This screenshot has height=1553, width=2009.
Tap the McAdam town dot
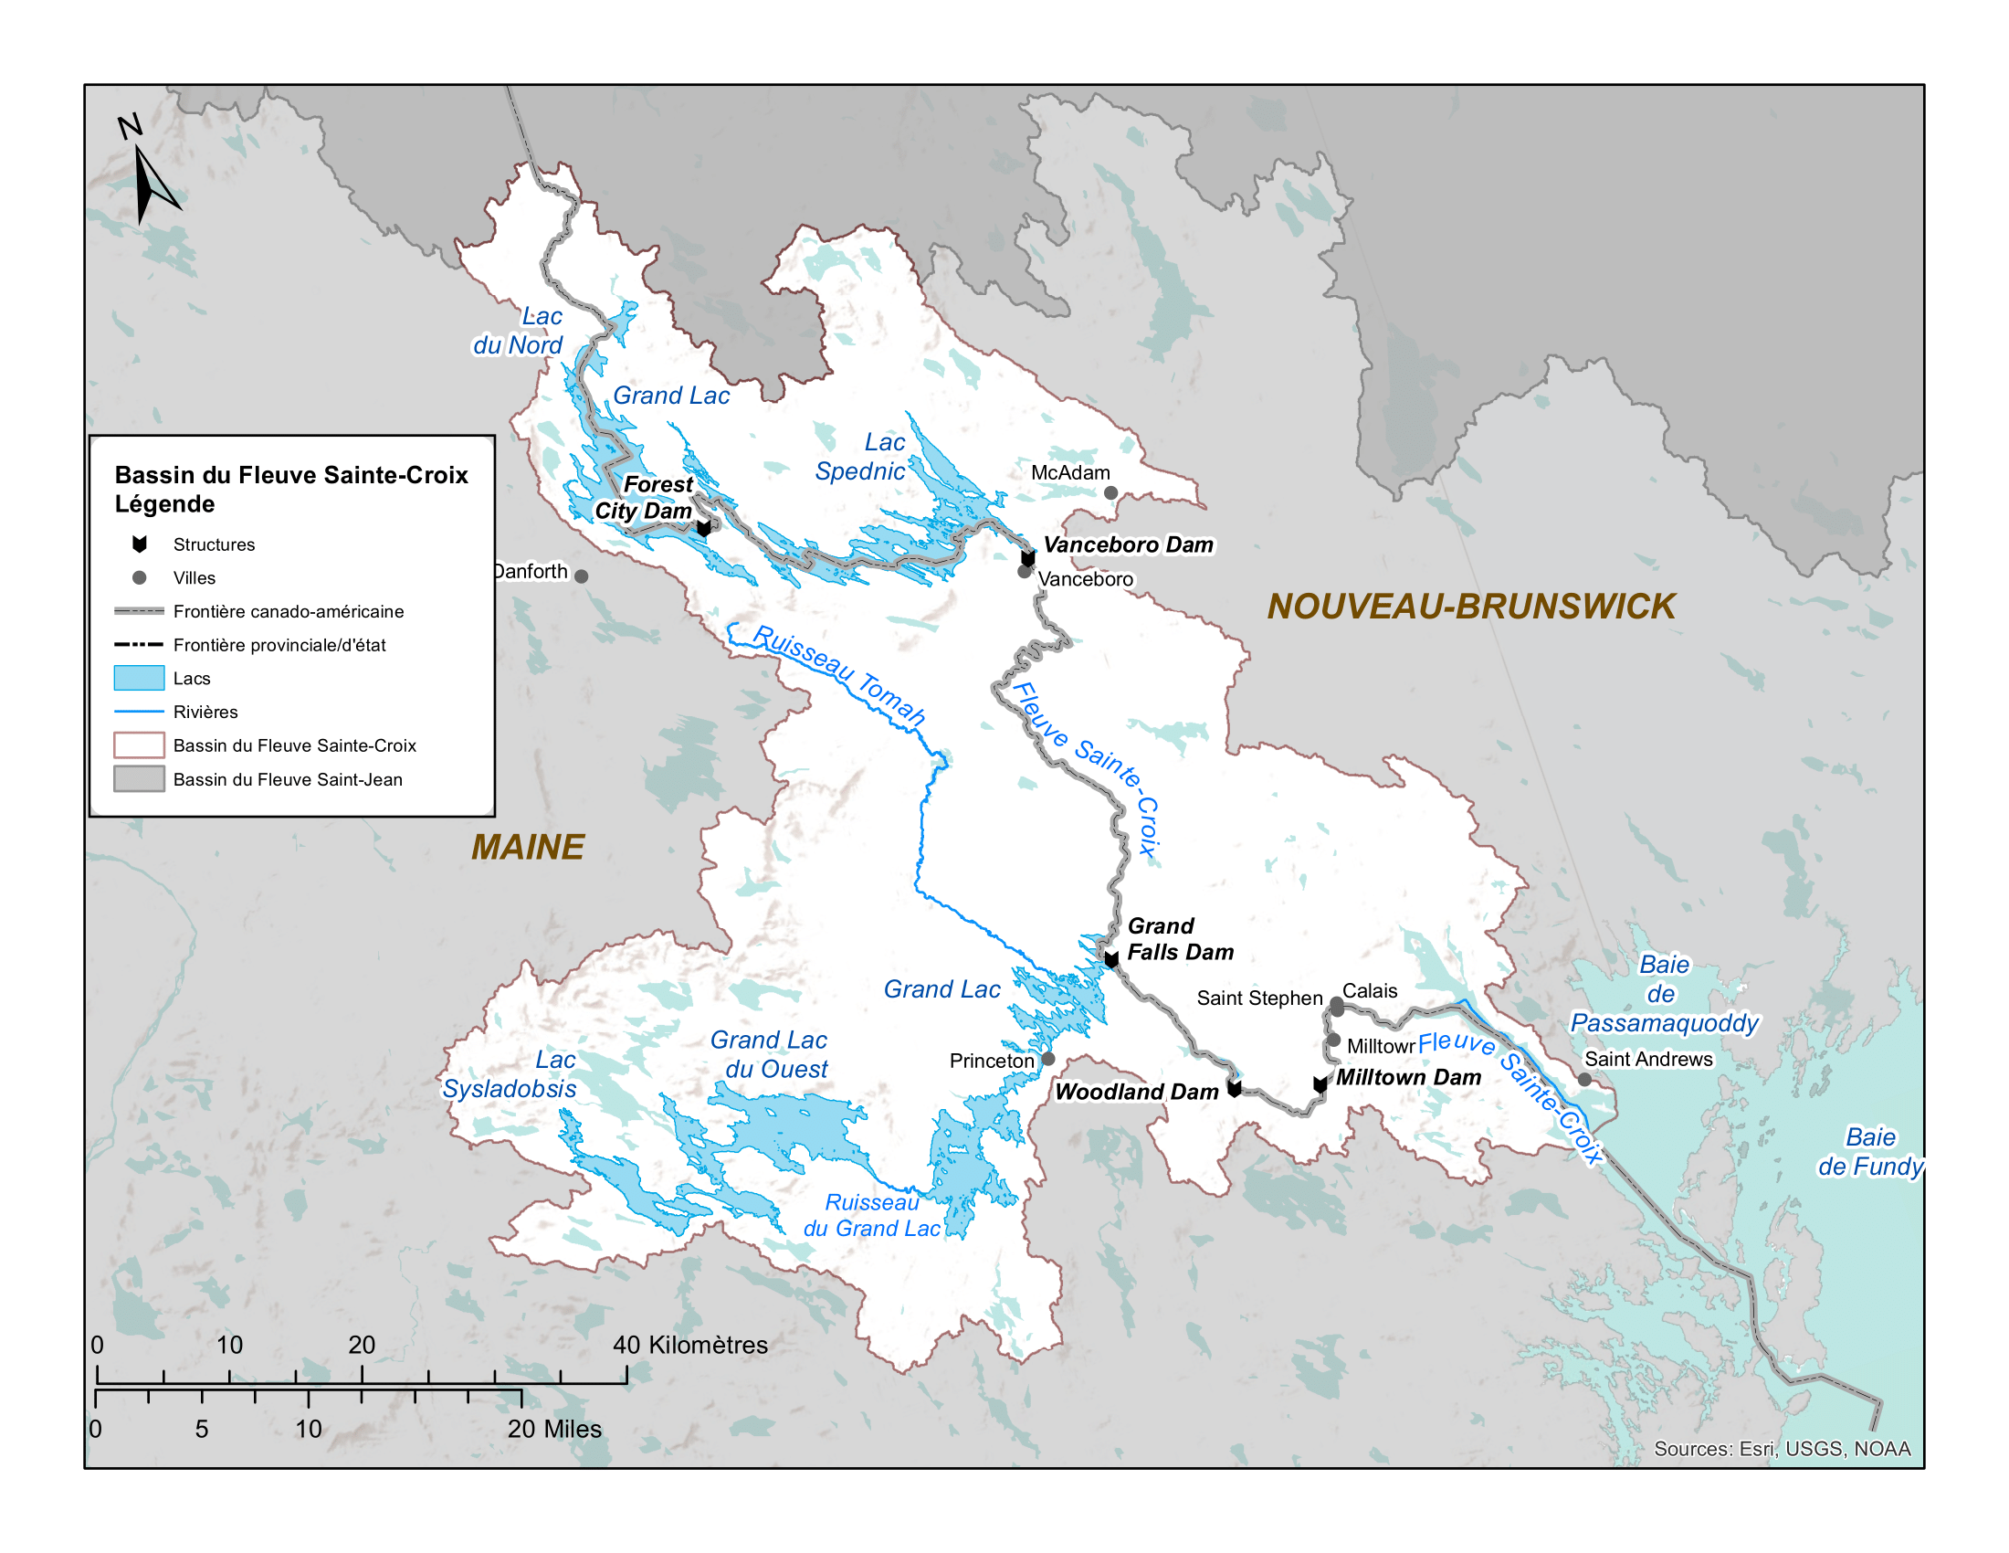click(x=1111, y=493)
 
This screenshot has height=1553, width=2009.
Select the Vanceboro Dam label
click(x=1128, y=545)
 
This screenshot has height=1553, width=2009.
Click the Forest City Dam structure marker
click(x=704, y=528)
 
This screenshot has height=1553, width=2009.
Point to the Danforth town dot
click(x=582, y=576)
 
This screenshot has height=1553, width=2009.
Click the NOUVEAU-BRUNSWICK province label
click(x=1470, y=607)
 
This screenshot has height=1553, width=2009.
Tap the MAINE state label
click(x=527, y=848)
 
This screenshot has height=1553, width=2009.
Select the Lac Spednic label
click(x=862, y=458)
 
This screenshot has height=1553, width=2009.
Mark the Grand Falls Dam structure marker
click(x=1111, y=959)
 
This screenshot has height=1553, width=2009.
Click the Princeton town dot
click(x=1047, y=1059)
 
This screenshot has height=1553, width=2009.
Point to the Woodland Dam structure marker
click(x=1235, y=1089)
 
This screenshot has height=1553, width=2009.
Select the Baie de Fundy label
click(x=1870, y=1152)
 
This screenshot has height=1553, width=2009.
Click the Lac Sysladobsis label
click(x=510, y=1074)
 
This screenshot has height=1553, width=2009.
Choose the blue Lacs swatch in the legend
click(x=139, y=678)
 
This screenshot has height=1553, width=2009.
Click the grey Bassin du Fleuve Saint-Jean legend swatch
click(x=139, y=779)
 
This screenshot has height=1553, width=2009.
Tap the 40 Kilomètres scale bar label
click(x=689, y=1345)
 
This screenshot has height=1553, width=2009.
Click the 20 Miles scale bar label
click(x=553, y=1429)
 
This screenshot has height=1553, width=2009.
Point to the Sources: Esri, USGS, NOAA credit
click(x=1782, y=1449)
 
